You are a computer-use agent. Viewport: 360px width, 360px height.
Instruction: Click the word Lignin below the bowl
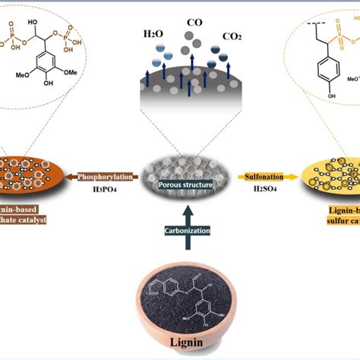(x=180, y=343)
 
